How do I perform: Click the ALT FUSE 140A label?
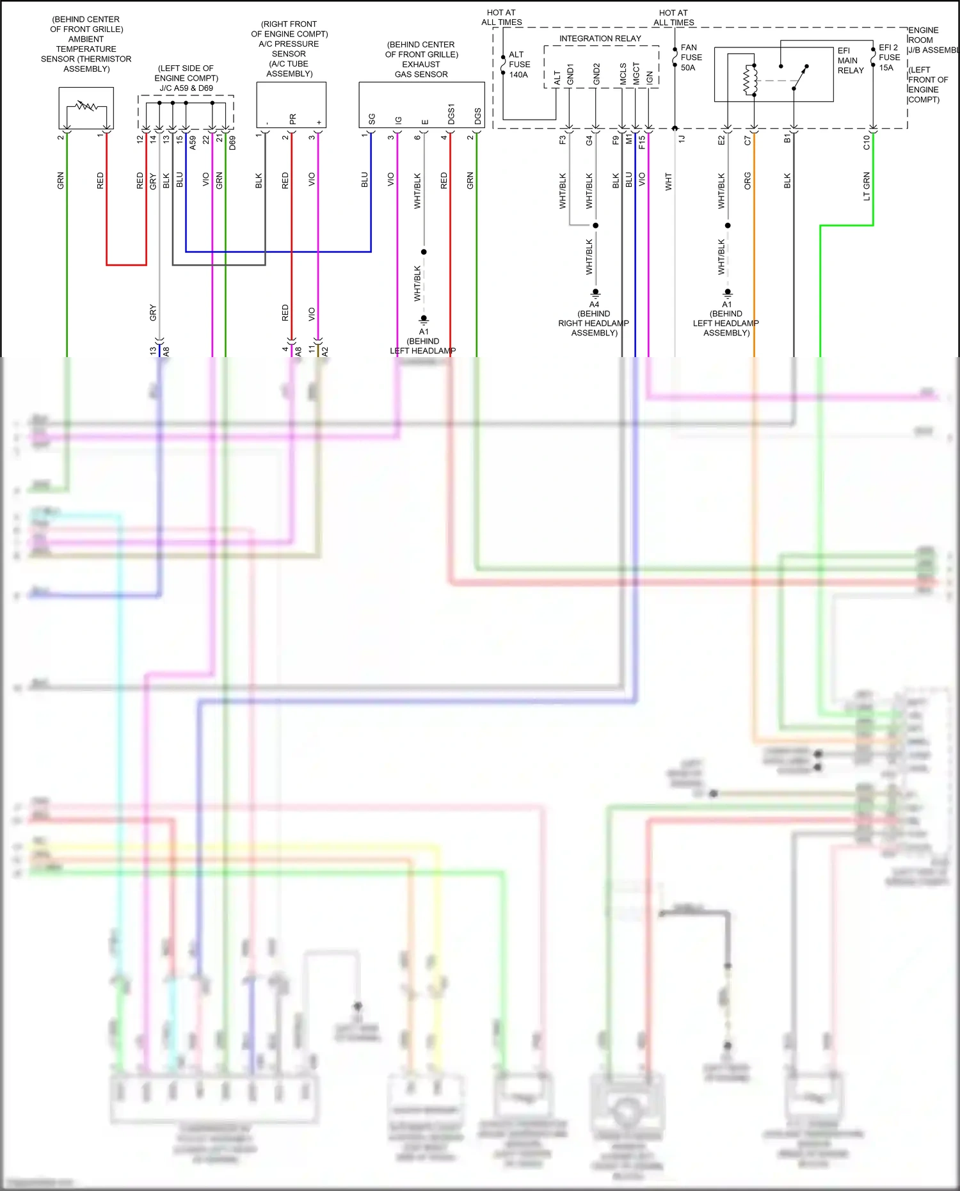click(519, 65)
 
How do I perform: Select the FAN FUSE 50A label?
click(691, 58)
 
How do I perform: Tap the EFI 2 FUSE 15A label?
click(889, 58)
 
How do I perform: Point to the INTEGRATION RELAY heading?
click(600, 38)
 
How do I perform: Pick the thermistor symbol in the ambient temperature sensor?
click(86, 105)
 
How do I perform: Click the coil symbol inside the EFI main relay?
click(749, 81)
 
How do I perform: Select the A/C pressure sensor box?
click(291, 105)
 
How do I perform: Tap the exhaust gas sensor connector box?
click(421, 105)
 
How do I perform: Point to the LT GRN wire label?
click(867, 186)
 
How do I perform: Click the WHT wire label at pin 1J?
click(668, 181)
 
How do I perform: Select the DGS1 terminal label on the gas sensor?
click(451, 114)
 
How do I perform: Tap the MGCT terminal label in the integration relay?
click(636, 74)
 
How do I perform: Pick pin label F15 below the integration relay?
click(642, 141)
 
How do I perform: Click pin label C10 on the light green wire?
click(867, 142)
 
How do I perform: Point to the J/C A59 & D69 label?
click(186, 88)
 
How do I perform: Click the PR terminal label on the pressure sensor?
click(292, 119)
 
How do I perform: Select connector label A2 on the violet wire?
click(324, 351)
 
